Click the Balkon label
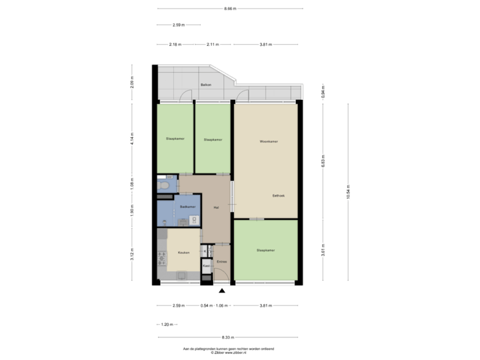point(206,86)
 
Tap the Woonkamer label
point(269,141)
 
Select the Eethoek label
point(279,195)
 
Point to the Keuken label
point(184,253)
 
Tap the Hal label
point(216,207)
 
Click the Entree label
point(222,261)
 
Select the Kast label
point(207,265)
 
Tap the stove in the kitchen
point(161,259)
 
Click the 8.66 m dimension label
point(231,9)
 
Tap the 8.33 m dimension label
point(231,338)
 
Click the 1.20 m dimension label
point(167,325)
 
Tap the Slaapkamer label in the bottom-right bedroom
point(266,251)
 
